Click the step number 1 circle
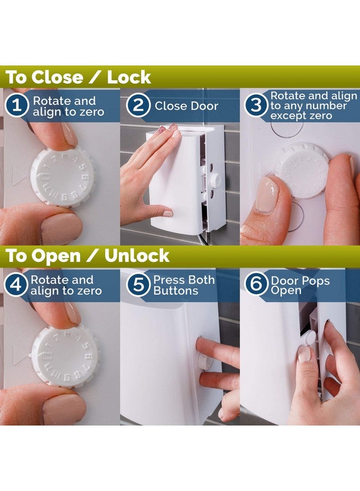pyautogui.click(x=17, y=106)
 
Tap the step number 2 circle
pyautogui.click(x=139, y=106)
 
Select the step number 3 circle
pyautogui.click(x=255, y=106)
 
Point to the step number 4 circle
pyautogui.click(x=16, y=285)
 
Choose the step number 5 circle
pyautogui.click(x=139, y=285)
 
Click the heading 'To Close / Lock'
pyautogui.click(x=78, y=77)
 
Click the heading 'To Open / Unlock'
pyautogui.click(x=87, y=256)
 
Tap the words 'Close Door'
pyautogui.click(x=186, y=106)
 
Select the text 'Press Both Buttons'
pyautogui.click(x=183, y=285)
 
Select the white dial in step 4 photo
pyautogui.click(x=64, y=356)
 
